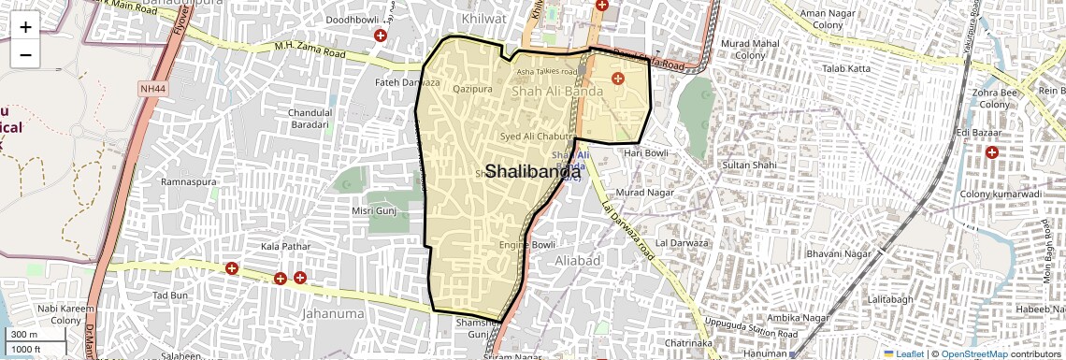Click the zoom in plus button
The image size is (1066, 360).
[x=25, y=26]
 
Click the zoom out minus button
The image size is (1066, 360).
[x=25, y=54]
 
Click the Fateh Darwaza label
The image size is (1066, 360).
[x=400, y=81]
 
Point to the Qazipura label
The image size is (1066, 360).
[x=471, y=90]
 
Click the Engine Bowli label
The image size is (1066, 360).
[x=528, y=245]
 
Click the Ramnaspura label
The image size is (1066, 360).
[x=189, y=181]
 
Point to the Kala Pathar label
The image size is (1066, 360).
[x=284, y=246]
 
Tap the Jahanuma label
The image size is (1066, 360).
[x=333, y=314]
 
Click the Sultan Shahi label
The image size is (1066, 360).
[x=750, y=165]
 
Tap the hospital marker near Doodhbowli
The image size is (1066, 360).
[x=381, y=36]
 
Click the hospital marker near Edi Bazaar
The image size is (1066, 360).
[x=991, y=151]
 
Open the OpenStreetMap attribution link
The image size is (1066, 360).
[x=973, y=354]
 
